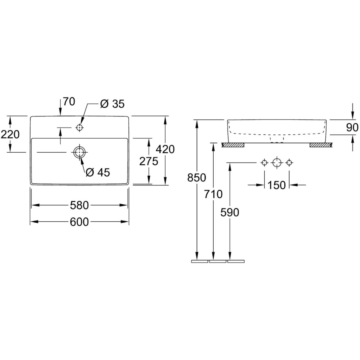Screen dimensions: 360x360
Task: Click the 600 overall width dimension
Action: click(79, 222)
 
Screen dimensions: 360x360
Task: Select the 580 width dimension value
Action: click(79, 205)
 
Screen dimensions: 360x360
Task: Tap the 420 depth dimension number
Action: click(165, 149)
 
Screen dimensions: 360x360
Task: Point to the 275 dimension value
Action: click(149, 161)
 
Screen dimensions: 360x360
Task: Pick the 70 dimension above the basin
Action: click(69, 102)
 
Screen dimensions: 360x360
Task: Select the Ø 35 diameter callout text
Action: click(112, 104)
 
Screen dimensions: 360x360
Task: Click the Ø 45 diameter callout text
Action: click(98, 172)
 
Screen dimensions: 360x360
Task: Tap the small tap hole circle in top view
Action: click(79, 127)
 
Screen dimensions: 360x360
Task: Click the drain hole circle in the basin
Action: click(79, 152)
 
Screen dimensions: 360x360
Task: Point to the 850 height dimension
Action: click(196, 178)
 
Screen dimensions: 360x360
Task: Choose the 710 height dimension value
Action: click(213, 194)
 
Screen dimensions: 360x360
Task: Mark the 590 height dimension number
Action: click(229, 212)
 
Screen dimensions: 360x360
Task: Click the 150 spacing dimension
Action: click(277, 185)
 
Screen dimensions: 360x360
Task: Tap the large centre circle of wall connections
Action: click(277, 163)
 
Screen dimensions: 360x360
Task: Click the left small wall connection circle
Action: click(264, 163)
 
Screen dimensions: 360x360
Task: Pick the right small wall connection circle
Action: click(289, 163)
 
